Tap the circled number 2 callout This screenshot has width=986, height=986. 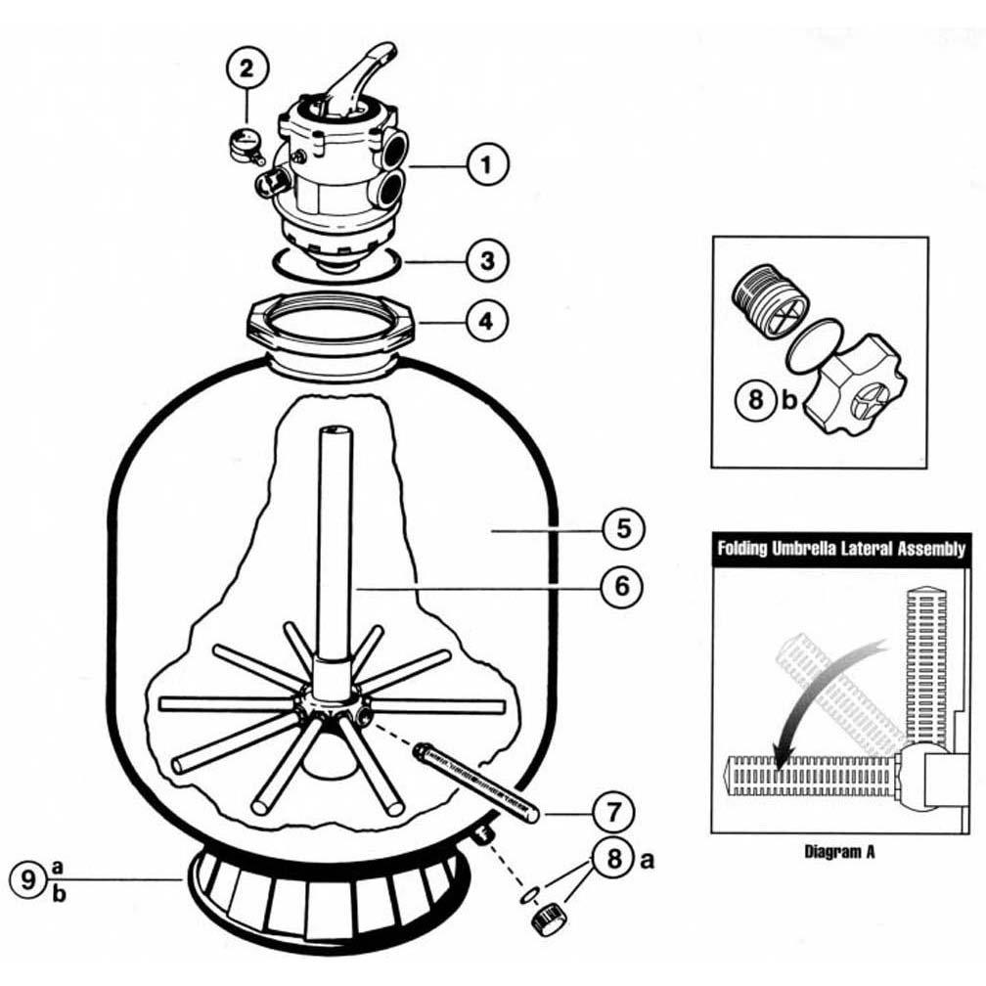click(246, 68)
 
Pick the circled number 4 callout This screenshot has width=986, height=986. click(487, 320)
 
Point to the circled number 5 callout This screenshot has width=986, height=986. click(621, 530)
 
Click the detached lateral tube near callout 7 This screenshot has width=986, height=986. click(475, 780)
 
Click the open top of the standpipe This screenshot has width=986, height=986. click(335, 431)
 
